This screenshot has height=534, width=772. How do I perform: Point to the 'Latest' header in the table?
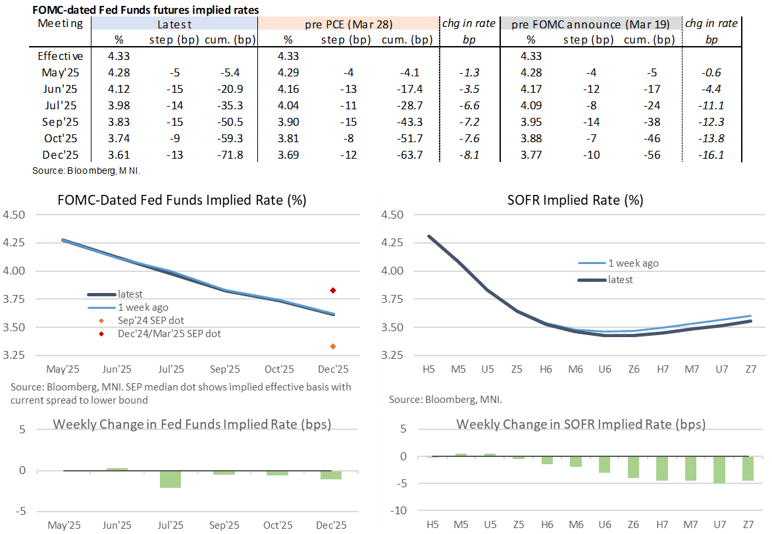point(174,24)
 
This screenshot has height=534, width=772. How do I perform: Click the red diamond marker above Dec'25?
point(333,290)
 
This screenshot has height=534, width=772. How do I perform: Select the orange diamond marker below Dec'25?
point(333,346)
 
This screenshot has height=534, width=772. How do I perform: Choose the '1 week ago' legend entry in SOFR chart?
point(632,263)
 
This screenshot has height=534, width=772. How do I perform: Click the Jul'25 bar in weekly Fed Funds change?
point(170,479)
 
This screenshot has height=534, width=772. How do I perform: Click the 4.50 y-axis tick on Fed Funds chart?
point(14,215)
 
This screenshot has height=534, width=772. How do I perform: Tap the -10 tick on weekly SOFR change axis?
point(400,510)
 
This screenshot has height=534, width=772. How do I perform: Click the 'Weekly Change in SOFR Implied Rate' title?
point(581,425)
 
